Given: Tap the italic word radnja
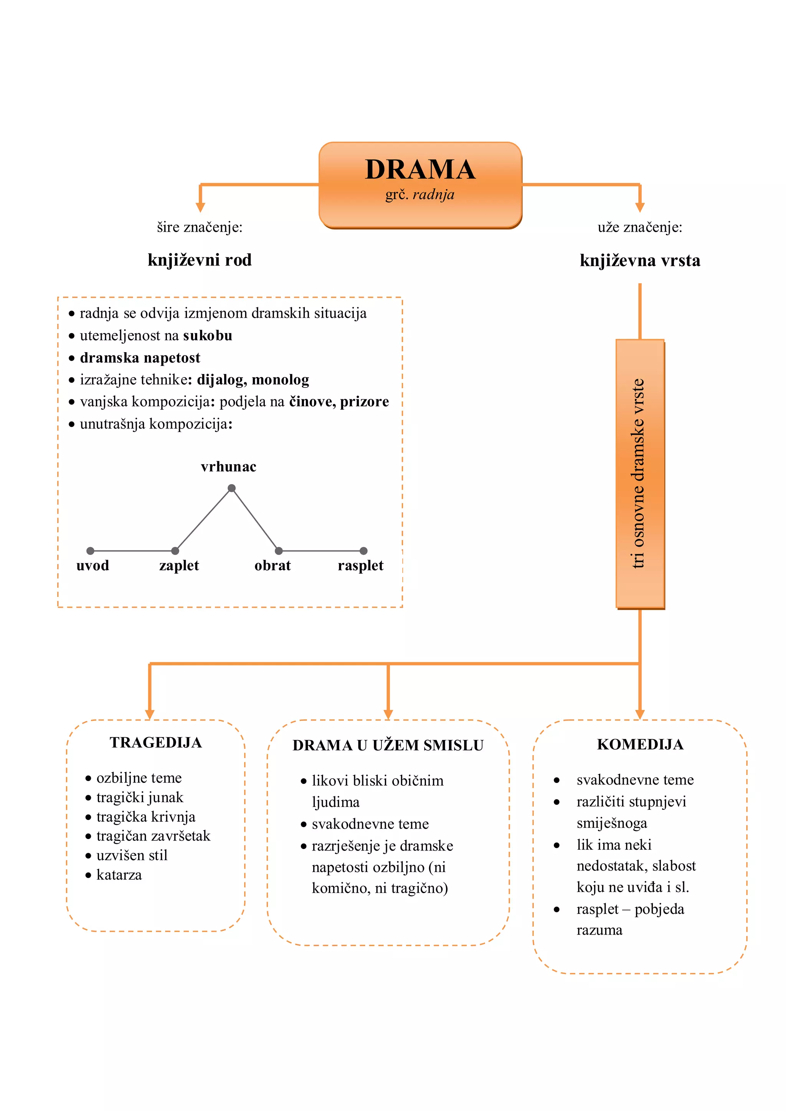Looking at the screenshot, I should [433, 195].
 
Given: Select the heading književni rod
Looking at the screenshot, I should [200, 260].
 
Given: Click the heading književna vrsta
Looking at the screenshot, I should [639, 261].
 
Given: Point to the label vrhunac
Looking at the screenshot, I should [228, 467].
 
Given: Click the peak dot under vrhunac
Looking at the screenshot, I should [232, 488].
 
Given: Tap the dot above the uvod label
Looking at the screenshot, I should [91, 551].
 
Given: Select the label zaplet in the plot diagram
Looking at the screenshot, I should [179, 565].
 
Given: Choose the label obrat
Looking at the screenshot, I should [272, 565].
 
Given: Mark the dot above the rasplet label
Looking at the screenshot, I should [363, 551].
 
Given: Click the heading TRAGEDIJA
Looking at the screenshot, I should [155, 743].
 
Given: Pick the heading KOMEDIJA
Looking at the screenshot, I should [640, 745].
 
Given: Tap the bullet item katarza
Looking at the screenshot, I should [119, 875].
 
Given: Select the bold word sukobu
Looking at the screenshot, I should [208, 336].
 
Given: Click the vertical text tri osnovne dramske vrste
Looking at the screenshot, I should [639, 473].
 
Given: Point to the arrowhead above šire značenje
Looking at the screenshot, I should [200, 207].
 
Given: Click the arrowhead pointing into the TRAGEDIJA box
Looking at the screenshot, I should [150, 714].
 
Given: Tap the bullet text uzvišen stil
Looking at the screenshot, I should [132, 856].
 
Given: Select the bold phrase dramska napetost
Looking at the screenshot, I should [140, 358].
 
